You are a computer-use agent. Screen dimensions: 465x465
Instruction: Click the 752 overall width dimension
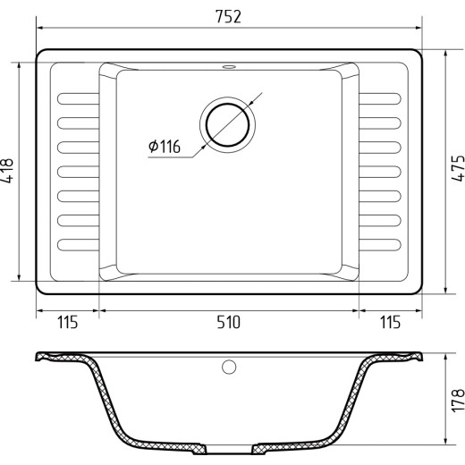point(228,17)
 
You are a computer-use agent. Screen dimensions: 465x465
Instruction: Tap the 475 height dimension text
point(458,168)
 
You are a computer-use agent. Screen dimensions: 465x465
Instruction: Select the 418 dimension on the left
point(7,171)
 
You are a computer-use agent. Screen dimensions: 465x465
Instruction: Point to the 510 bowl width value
point(228,322)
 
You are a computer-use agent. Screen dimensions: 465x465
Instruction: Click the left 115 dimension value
point(67,322)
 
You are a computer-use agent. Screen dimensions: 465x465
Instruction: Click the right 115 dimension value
point(390,322)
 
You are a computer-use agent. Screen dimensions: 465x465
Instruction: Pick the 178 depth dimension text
point(458,401)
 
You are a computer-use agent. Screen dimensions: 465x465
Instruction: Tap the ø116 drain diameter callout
point(165,147)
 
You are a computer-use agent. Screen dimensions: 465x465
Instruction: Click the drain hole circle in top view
point(227,125)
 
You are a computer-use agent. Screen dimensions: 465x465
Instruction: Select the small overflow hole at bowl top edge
point(229,66)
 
